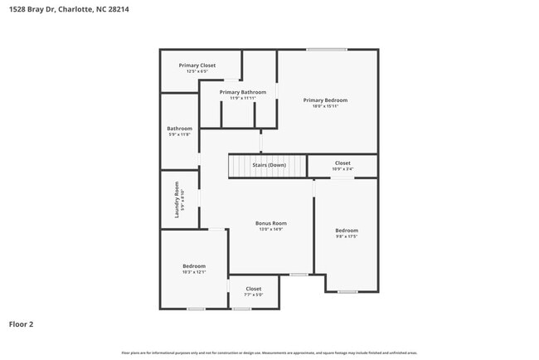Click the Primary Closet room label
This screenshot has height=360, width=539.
(197, 65)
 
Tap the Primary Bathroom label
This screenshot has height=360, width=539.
(243, 92)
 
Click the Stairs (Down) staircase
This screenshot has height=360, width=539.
(267, 165)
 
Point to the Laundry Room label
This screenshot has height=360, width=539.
(177, 200)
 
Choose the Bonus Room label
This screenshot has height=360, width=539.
(270, 223)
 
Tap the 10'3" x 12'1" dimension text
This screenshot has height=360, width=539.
(193, 271)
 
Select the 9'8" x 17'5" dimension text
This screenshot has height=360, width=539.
(347, 236)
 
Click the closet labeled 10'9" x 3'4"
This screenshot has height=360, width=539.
(342, 166)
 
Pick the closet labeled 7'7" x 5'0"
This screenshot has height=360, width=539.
(253, 291)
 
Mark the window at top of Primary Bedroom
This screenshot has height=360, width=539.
(326, 50)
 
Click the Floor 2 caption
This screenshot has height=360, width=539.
(21, 324)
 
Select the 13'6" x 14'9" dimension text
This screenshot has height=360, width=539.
(270, 230)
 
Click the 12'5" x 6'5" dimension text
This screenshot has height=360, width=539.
(197, 71)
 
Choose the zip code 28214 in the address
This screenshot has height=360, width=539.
(117, 10)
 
